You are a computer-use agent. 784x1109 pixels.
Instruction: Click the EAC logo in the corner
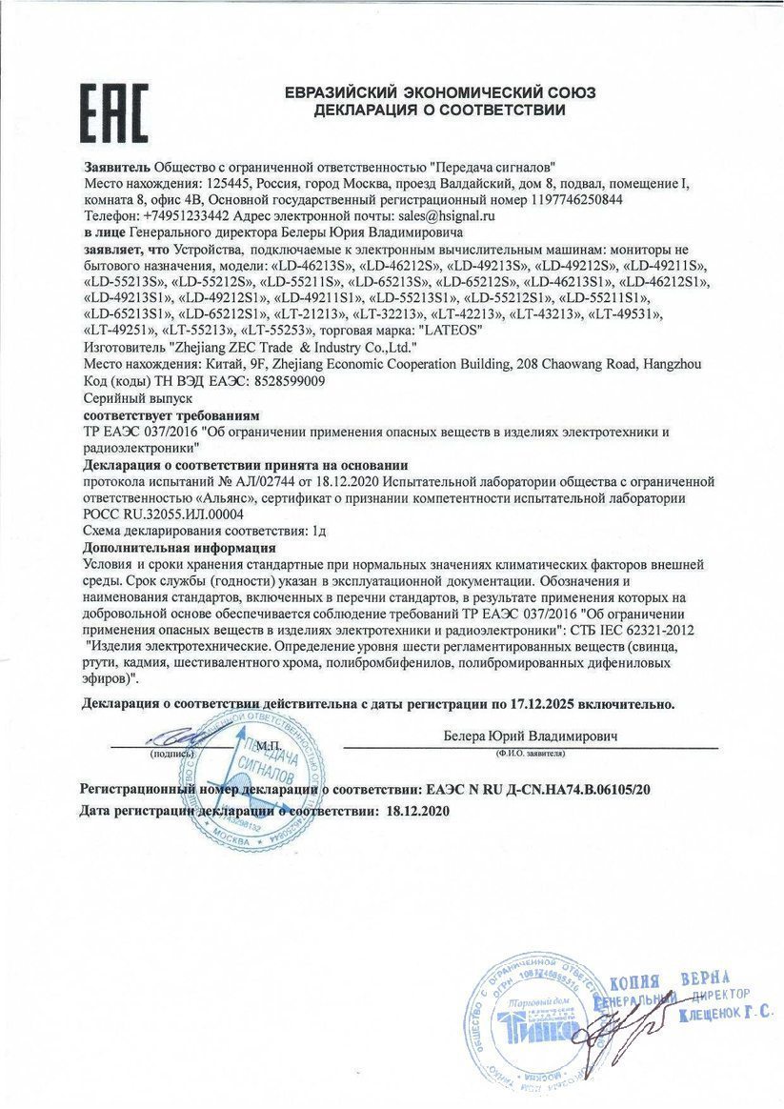click(113, 111)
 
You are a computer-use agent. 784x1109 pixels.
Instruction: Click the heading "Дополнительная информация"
click(179, 548)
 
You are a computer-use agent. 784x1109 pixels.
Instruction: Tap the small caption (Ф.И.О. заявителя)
click(531, 753)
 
